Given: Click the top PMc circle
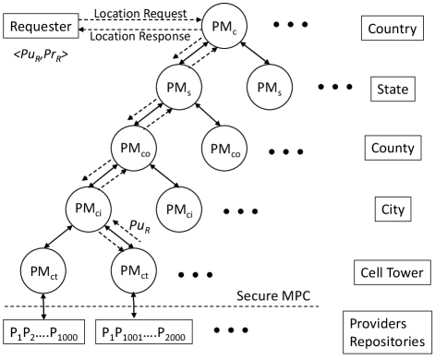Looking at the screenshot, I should coord(224,28).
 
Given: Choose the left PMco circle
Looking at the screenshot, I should coord(135,149).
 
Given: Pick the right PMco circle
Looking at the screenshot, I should coord(224,149).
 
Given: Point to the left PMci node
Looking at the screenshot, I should coord(90,210).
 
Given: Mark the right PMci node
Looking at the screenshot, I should coord(179,210).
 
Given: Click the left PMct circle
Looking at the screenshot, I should coord(45,271).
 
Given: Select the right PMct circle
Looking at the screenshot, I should coord(135,271).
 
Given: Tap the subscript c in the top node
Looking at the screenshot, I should coord(235,30).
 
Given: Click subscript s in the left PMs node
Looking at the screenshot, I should coord(190,91).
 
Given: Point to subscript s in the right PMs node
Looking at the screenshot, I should coord(280,91).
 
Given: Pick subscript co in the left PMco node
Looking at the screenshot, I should coord(146,152).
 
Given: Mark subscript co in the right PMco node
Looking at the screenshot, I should coord(236,152).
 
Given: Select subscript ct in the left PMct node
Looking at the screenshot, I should coord(55,275).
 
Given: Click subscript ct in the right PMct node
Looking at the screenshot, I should coord(145,275).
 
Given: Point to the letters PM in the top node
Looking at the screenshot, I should coord(221,28).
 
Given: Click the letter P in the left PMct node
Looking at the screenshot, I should coord(34,271).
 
